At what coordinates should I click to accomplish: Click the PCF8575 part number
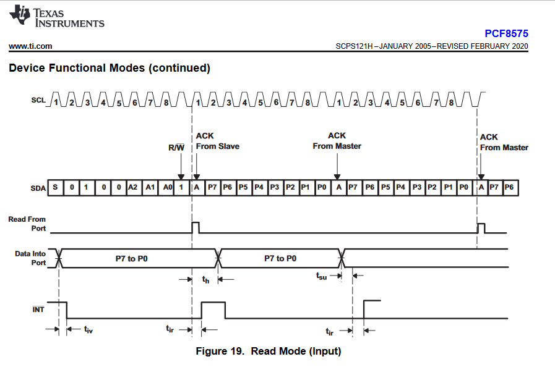pos(506,34)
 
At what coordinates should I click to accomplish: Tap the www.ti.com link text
pos(30,46)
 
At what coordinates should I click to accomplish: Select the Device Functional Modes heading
pos(110,68)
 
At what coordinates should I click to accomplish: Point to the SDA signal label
pos(38,188)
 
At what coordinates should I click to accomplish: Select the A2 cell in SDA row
pos(133,187)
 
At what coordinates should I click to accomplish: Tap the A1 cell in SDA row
pos(149,187)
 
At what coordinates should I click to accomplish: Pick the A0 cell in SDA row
pos(165,187)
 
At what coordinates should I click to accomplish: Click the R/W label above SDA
pos(177,147)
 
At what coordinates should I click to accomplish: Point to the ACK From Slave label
pos(217,141)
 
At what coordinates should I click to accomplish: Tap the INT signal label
pos(38,308)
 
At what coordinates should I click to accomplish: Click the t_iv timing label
pos(88,330)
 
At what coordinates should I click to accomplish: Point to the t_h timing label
pos(206,280)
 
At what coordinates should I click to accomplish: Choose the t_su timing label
pos(321,276)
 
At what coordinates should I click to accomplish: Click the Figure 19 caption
pos(269,352)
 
